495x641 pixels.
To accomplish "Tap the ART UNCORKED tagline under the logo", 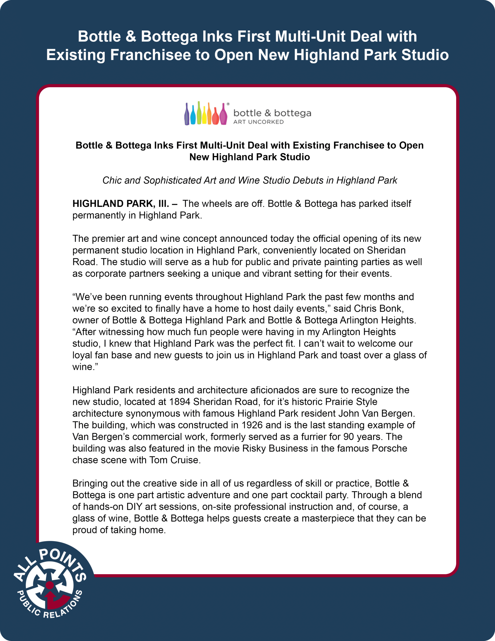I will tap(258, 122).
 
